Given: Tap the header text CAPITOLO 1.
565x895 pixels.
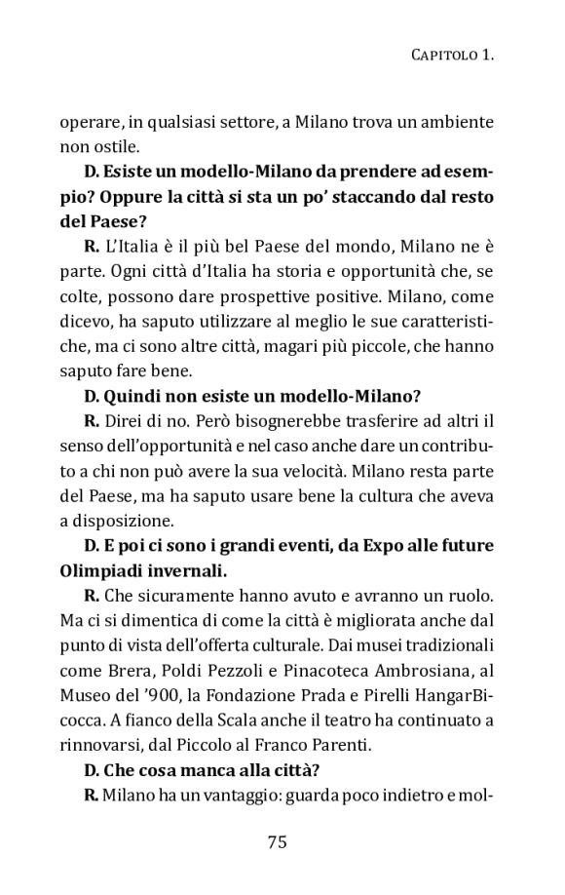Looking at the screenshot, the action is [x=447, y=58].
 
